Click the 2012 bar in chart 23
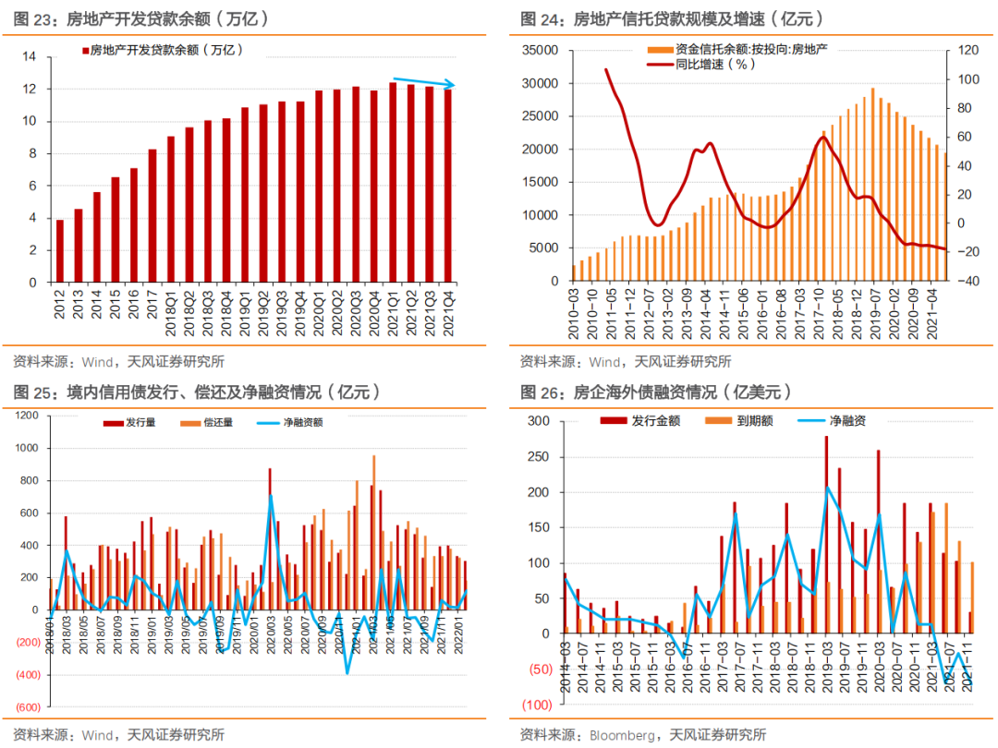tap(60, 250)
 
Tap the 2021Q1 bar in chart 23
tap(393, 182)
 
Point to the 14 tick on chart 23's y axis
tap(29, 57)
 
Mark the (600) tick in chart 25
tap(28, 707)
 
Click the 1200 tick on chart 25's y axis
tap(27, 416)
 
